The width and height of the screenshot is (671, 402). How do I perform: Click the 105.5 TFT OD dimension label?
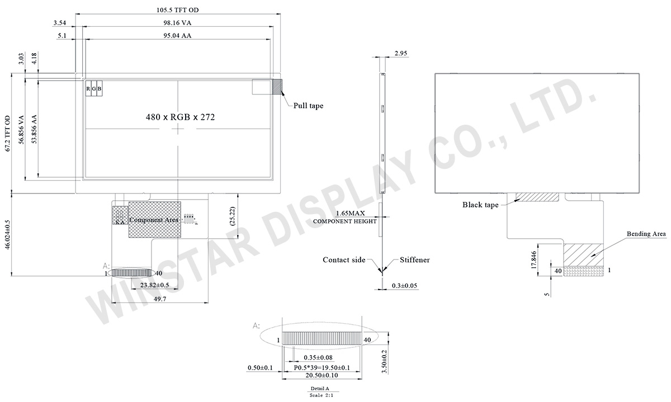click(178, 10)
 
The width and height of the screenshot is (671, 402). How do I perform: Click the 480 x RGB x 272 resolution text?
click(180, 117)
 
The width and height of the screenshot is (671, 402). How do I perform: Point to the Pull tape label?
click(308, 105)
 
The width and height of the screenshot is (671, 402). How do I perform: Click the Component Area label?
click(154, 220)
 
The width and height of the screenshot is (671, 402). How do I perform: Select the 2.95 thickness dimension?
click(400, 53)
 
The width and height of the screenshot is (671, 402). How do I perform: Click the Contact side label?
click(344, 260)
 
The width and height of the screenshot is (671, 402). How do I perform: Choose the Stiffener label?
click(414, 260)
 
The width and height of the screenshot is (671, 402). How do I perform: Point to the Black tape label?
click(480, 205)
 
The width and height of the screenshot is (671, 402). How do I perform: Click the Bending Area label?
click(646, 234)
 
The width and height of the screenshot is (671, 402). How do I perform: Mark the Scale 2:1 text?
click(319, 395)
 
